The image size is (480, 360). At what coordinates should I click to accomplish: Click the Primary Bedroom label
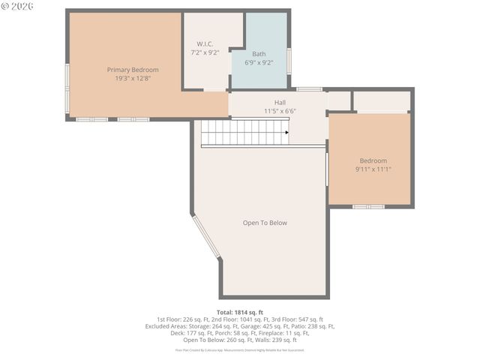[x=133, y=70]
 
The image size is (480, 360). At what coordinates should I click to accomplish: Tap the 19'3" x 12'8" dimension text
[x=133, y=78]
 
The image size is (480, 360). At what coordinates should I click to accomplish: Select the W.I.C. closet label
[x=205, y=44]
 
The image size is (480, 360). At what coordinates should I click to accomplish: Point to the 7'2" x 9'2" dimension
[x=205, y=53]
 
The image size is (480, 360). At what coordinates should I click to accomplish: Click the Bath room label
[x=259, y=54]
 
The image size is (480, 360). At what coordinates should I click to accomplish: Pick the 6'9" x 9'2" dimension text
[x=259, y=62]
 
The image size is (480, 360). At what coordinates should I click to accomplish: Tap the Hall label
[x=280, y=102]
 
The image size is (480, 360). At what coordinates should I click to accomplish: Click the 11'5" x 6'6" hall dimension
[x=280, y=111]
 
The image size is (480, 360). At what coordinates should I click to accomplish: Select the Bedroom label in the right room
[x=373, y=160]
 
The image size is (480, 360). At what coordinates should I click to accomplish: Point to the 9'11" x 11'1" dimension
[x=373, y=169]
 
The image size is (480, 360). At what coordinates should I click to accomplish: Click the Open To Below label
[x=265, y=223]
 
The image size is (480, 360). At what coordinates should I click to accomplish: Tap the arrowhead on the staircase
[x=286, y=132]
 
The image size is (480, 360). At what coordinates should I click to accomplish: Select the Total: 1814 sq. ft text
[x=239, y=311]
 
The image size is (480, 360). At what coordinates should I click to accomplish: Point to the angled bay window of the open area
[x=206, y=237]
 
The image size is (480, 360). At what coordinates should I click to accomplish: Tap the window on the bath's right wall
[x=289, y=60]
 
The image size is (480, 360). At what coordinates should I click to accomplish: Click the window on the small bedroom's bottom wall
[x=368, y=206]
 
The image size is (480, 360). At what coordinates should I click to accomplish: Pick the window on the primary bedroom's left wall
[x=67, y=88]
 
